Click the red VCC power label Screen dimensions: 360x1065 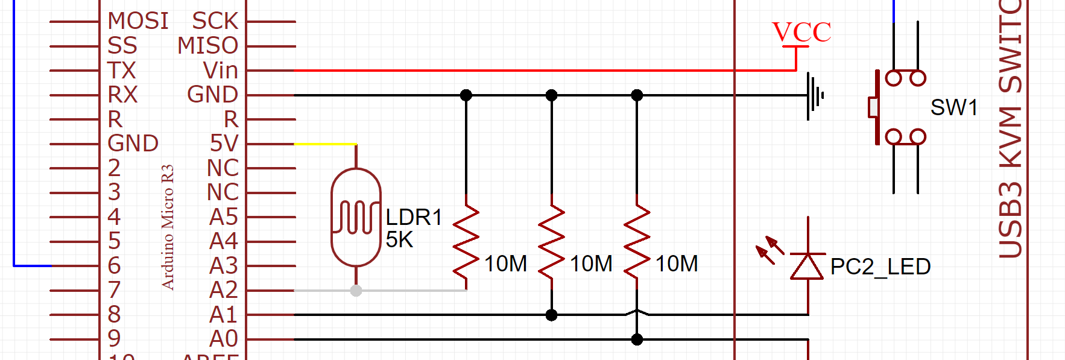pyautogui.click(x=801, y=32)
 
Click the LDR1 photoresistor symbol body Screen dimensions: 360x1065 pyautogui.click(x=356, y=218)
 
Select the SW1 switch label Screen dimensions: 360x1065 pyautogui.click(x=953, y=107)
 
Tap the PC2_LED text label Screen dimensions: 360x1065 pyautogui.click(x=880, y=267)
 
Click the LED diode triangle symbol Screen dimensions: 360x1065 pyautogui.click(x=807, y=267)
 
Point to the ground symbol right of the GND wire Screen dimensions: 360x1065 pyautogui.click(x=814, y=95)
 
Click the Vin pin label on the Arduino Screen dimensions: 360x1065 pyautogui.click(x=220, y=71)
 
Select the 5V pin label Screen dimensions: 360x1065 pyautogui.click(x=224, y=144)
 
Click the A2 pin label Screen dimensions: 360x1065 pyautogui.click(x=223, y=290)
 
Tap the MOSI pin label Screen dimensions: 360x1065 pyautogui.click(x=137, y=21)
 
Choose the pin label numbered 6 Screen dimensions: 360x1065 pyautogui.click(x=114, y=265)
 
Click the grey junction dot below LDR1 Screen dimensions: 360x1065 pyautogui.click(x=356, y=291)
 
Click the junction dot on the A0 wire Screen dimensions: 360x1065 pyautogui.click(x=637, y=339)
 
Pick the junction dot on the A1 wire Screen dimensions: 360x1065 pyautogui.click(x=551, y=315)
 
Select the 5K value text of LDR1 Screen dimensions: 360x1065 pyautogui.click(x=399, y=240)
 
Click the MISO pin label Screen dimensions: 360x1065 pyautogui.click(x=207, y=46)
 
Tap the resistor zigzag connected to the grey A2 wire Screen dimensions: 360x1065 pyautogui.click(x=466, y=241)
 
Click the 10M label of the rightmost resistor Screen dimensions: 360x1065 pyautogui.click(x=677, y=264)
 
